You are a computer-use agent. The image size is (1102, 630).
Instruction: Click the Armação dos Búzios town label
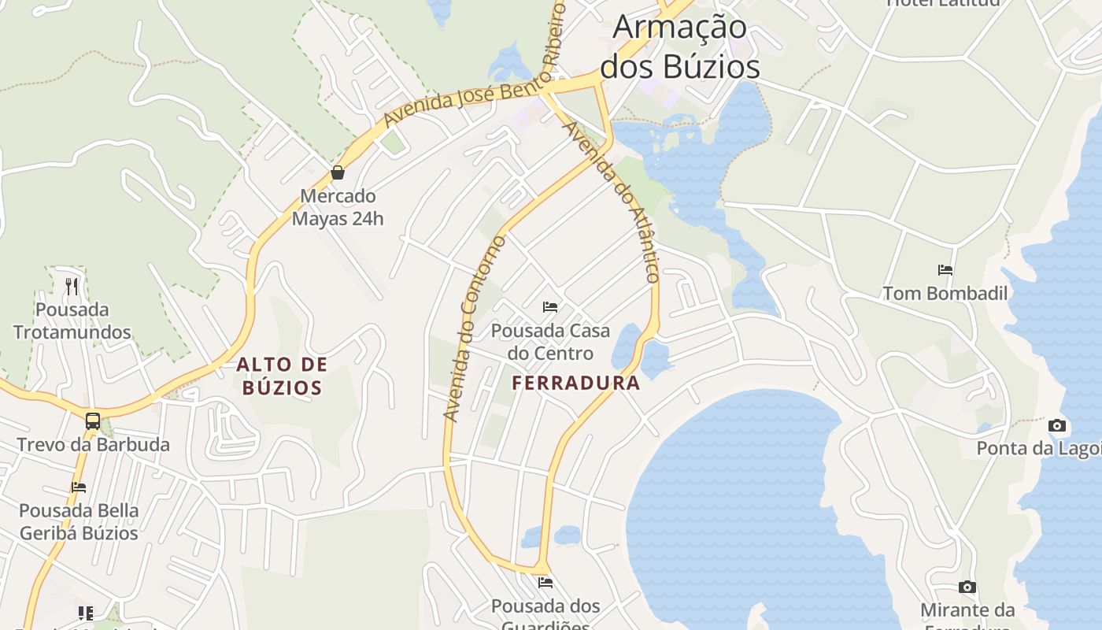680,47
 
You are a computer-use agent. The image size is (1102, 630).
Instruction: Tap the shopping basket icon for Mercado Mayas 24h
338,172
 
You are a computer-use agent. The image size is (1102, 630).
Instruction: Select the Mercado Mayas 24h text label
338,207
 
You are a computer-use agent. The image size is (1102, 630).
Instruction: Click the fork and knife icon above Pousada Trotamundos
72,286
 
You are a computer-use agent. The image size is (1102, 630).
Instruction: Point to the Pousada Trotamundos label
72,321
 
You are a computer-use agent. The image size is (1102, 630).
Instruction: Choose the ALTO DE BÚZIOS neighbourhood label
282,376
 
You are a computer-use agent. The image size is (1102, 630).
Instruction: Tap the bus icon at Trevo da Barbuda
93,421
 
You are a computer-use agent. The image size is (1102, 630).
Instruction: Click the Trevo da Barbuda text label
93,445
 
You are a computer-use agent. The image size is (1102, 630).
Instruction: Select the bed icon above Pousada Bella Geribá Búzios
78,487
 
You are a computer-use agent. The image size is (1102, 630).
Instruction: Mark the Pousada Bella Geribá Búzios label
78,521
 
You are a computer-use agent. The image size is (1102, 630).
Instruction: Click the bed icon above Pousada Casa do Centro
550,306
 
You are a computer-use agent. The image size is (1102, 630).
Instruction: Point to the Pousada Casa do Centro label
550,342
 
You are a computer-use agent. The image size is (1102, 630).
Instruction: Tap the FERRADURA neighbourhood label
576,384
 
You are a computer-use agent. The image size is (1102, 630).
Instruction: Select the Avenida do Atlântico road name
611,202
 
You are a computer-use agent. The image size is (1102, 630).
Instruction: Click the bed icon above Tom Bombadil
945,270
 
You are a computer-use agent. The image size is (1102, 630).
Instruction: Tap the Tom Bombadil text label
945,294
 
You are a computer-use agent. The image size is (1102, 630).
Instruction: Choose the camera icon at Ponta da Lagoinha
1058,426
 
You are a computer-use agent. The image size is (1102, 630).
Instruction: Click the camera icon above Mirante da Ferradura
967,587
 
